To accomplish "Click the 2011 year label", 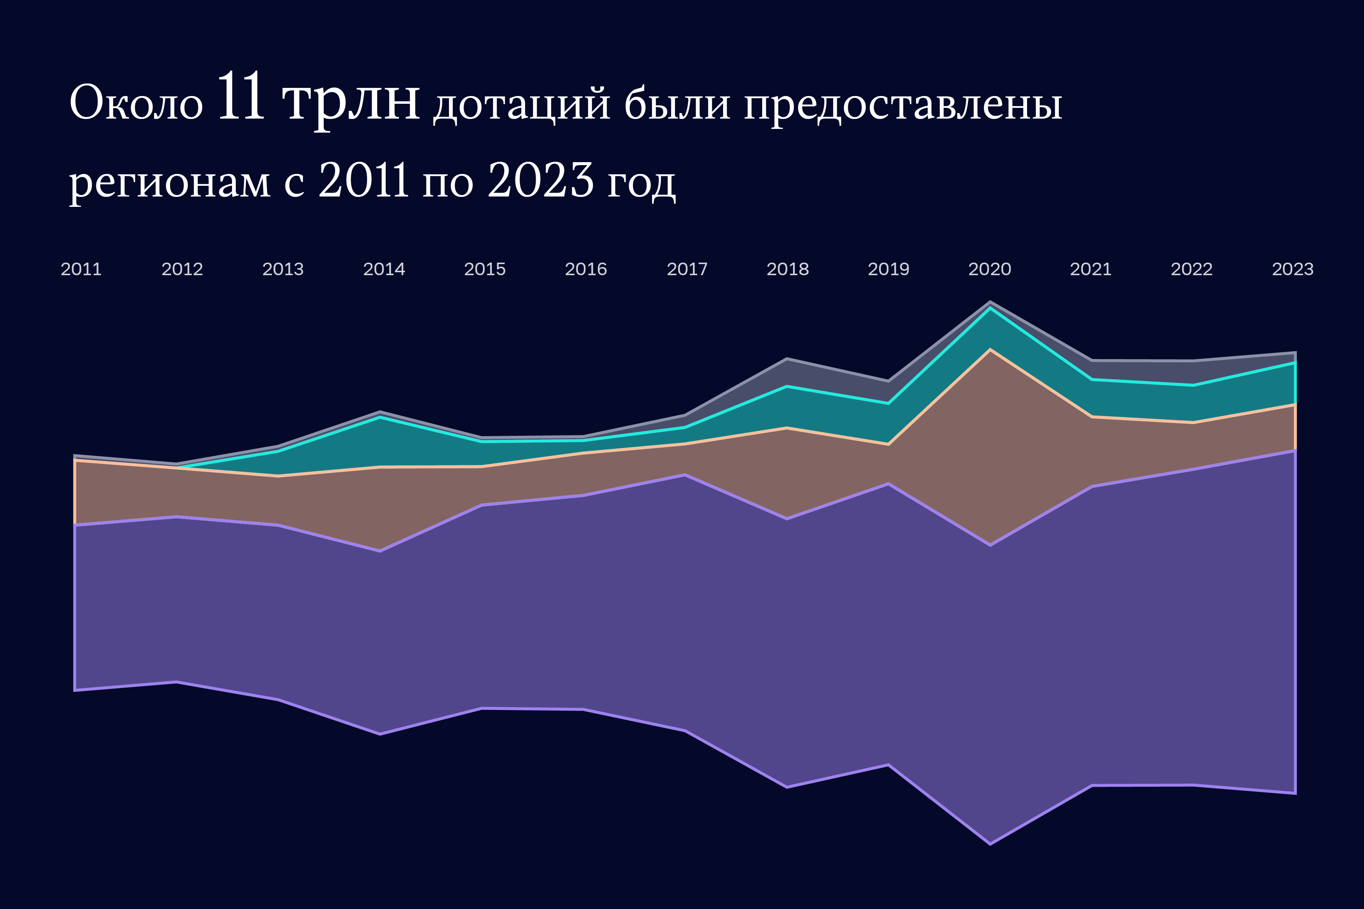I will click(81, 269).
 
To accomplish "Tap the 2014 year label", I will click(384, 269).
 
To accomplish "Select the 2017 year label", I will click(687, 269).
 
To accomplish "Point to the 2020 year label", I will click(989, 269).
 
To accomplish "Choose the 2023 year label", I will click(1292, 269).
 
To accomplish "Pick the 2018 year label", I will click(787, 269).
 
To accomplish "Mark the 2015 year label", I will click(485, 269).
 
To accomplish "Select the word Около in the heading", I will click(136, 103).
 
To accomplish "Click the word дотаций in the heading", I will click(522, 106).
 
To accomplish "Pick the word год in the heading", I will click(641, 182).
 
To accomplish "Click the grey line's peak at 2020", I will click(989, 302).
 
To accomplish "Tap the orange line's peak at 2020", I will click(989, 349).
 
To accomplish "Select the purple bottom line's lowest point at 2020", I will click(989, 844).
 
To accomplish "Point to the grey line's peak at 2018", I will click(787, 359).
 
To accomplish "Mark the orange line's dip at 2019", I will click(888, 444).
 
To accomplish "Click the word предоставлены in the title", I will click(903, 106).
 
